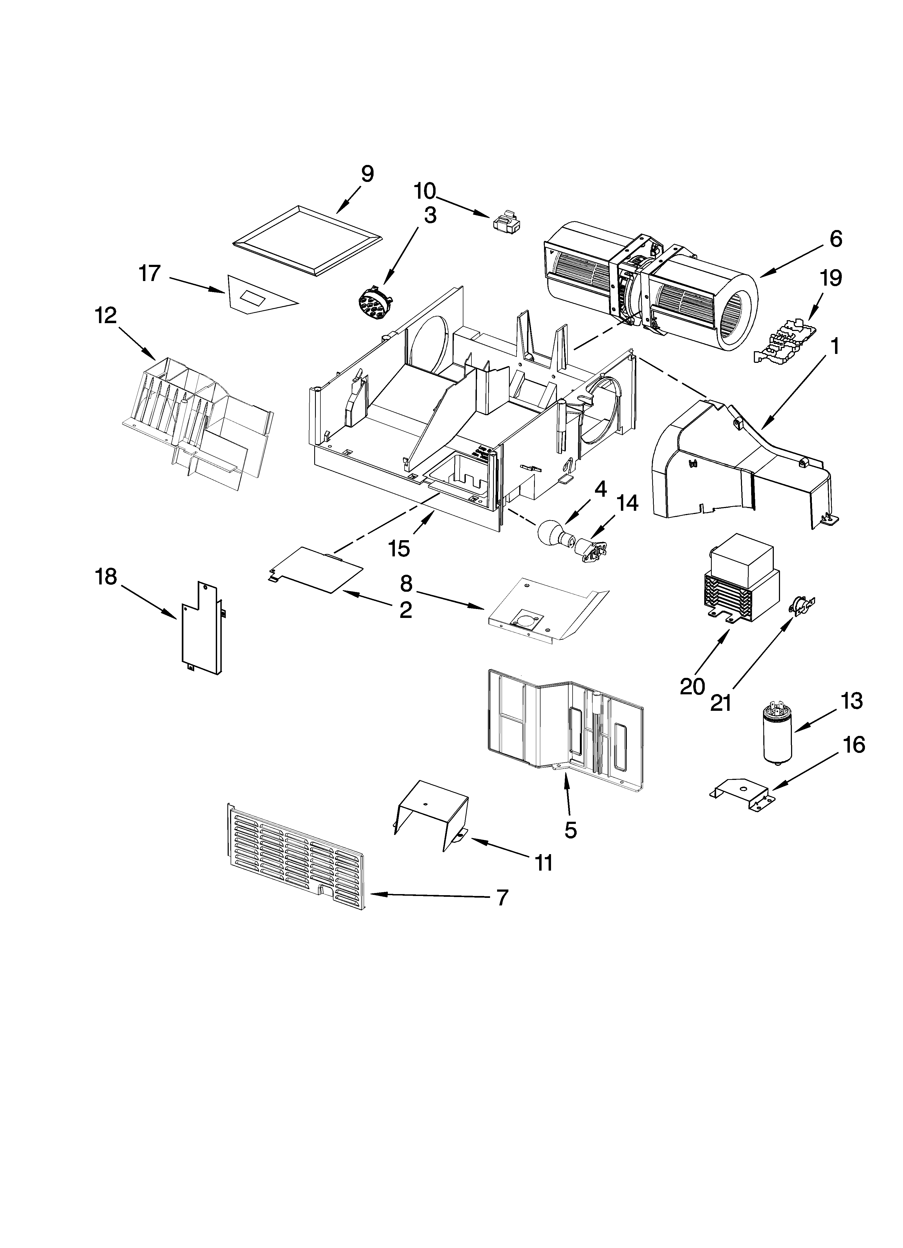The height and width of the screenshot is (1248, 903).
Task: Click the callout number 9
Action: click(367, 174)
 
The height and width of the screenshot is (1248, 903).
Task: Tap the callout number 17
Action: click(150, 273)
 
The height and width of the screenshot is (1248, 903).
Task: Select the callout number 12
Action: click(105, 316)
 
